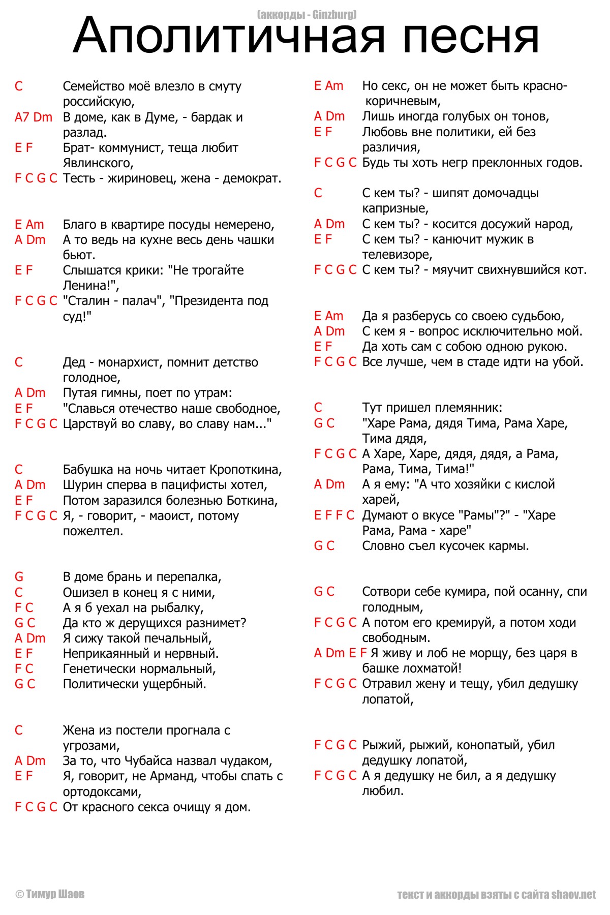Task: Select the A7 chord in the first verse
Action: tap(22, 117)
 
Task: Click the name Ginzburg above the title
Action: tap(334, 15)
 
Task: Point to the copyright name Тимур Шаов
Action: tap(55, 894)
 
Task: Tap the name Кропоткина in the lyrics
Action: tap(246, 469)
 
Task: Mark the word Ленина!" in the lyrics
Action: tap(91, 286)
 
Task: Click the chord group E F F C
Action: tap(334, 515)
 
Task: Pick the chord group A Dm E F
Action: tap(340, 653)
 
